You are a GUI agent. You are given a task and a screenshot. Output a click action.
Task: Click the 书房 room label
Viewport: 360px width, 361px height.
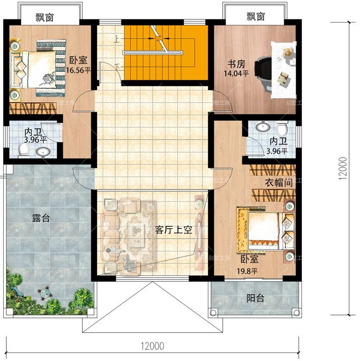point(236,64)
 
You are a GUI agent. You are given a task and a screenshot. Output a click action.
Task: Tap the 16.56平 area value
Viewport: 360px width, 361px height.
point(78,70)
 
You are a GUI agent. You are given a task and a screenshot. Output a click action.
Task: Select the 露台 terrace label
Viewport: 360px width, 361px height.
point(41,218)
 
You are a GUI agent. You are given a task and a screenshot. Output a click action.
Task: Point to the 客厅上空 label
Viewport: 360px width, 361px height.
point(174,230)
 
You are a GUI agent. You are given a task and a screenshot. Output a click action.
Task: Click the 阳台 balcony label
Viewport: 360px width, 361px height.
point(255,298)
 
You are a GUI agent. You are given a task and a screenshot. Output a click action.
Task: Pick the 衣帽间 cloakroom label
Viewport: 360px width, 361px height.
point(279,183)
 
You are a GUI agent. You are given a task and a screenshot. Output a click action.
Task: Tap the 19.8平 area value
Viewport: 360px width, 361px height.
point(247,271)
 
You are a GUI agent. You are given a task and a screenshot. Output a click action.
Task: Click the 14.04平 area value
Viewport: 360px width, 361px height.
point(236,73)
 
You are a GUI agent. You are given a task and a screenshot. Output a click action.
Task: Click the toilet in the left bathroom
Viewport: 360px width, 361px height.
point(23,150)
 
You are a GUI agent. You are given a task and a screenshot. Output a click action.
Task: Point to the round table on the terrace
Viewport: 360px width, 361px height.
point(44,293)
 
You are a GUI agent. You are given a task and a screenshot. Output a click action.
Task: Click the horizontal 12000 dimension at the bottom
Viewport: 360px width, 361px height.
point(153,346)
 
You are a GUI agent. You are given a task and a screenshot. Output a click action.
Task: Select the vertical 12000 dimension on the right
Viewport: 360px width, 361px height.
point(343,168)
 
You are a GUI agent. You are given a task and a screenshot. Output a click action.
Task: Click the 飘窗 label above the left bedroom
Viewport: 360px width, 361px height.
point(45,17)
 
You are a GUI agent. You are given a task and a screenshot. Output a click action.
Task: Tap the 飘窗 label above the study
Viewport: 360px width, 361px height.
point(256,17)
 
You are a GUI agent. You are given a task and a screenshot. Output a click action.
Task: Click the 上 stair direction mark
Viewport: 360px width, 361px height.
point(117,40)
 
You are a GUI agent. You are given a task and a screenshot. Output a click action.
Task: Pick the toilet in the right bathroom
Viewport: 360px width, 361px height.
point(283,128)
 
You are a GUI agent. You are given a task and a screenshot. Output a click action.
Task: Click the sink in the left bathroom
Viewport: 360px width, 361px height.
point(43,152)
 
